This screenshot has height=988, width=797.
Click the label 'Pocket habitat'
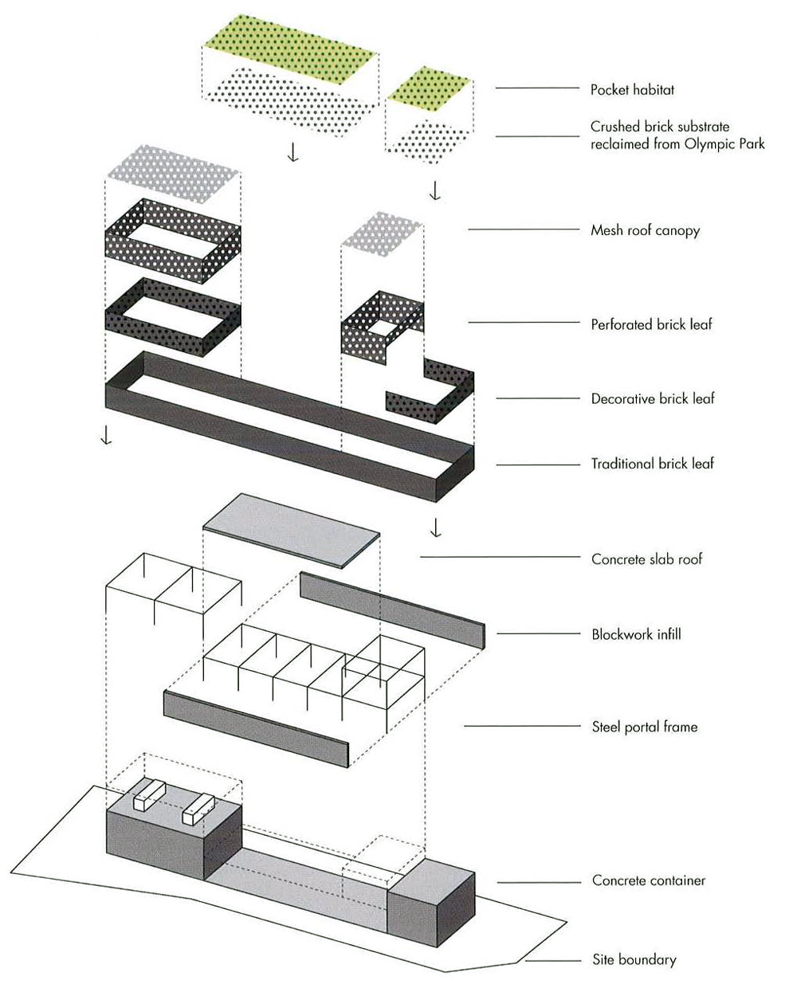[x=632, y=89]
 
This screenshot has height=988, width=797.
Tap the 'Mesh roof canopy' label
[x=645, y=230]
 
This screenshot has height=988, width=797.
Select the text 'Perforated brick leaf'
[x=651, y=324]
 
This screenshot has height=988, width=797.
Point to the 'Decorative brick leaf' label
[x=653, y=398]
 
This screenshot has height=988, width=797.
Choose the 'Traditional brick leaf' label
[x=652, y=463]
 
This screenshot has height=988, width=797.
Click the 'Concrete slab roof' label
[x=646, y=559]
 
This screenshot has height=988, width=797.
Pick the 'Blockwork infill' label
[x=636, y=634]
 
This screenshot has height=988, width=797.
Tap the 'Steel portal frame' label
[x=644, y=726]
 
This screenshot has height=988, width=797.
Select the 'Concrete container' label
[x=648, y=880]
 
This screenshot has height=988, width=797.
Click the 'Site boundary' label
[x=634, y=959]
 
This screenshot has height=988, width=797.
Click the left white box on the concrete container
[x=149, y=794]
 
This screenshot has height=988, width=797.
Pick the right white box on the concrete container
[x=199, y=809]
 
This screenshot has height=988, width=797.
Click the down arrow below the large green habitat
[x=293, y=151]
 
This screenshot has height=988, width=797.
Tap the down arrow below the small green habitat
[x=434, y=191]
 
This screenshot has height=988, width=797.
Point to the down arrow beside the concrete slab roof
[x=435, y=527]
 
